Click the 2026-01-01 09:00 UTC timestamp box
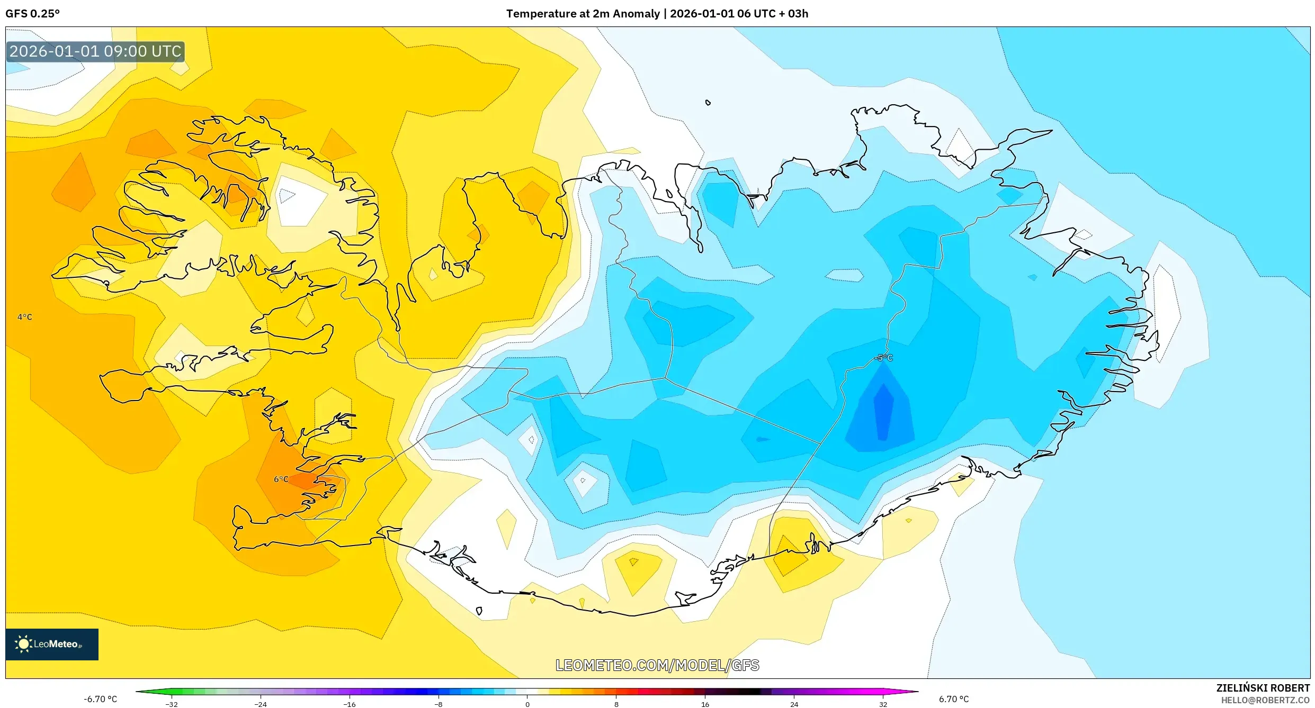pos(95,51)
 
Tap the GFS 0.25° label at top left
pos(33,14)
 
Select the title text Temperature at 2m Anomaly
pos(583,14)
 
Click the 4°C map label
pos(25,317)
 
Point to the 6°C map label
pos(281,479)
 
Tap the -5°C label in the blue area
pos(883,358)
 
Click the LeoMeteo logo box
pos(52,644)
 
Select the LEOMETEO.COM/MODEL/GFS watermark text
pos(657,665)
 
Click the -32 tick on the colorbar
pos(172,704)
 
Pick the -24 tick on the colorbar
pos(261,704)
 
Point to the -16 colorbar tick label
pos(350,704)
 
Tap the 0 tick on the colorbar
pos(527,704)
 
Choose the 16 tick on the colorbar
pos(705,704)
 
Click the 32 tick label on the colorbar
pos(883,704)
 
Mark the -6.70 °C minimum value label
pos(100,699)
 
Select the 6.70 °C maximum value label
pos(954,699)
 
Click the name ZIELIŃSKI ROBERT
pos(1263,688)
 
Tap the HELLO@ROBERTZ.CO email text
pos(1265,700)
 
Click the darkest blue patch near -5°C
pos(883,413)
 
